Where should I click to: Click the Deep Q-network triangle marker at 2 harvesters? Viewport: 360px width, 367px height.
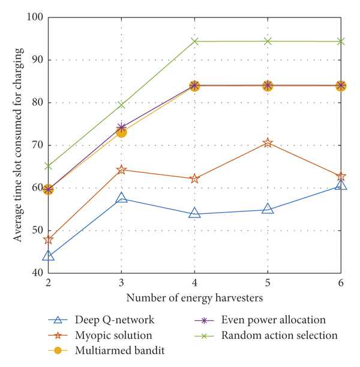(x=49, y=256)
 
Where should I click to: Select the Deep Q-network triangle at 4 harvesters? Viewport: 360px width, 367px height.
(x=194, y=213)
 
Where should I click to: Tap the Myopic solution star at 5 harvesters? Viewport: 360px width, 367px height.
(x=268, y=143)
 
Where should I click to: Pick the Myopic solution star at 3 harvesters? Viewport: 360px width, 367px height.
(x=122, y=170)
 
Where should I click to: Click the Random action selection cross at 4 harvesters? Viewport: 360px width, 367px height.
(x=194, y=41)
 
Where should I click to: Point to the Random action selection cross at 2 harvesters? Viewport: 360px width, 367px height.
(x=49, y=166)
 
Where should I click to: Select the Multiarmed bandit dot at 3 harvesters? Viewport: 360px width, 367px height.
(x=122, y=132)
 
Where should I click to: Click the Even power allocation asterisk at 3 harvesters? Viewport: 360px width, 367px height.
(x=122, y=127)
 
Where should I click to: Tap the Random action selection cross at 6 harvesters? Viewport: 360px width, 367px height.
(x=341, y=41)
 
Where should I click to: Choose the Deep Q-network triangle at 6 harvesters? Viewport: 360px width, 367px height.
(x=341, y=185)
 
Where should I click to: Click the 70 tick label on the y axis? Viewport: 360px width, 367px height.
(x=35, y=145)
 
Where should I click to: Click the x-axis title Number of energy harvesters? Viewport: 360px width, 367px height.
(x=194, y=297)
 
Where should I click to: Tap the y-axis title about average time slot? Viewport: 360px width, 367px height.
(x=19, y=145)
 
